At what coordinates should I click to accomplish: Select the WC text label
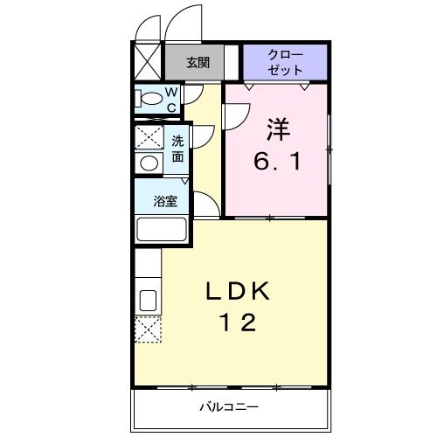pos(172,99)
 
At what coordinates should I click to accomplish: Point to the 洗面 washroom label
pos(177,149)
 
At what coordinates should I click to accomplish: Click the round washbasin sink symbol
pos(149,162)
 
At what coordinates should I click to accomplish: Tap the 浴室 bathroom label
pos(165,202)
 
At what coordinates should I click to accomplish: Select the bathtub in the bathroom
pos(162,230)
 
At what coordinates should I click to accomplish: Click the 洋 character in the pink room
pos(278,131)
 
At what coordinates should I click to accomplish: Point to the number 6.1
pos(278,162)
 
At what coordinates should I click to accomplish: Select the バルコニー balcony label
pos(228,406)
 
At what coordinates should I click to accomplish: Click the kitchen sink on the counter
pos(148,300)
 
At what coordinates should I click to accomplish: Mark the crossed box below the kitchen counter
pos(147,330)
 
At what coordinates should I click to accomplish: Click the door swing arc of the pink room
pos(232,114)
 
